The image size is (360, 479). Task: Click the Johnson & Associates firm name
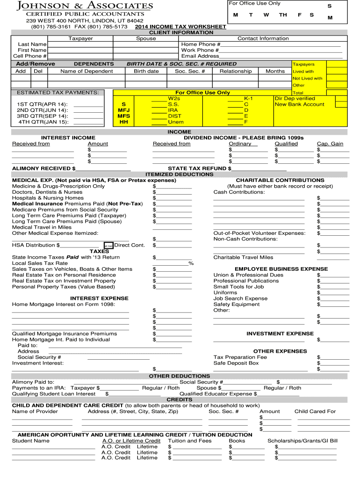(85, 6)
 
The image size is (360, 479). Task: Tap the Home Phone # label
(200, 44)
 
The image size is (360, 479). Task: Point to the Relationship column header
(236, 71)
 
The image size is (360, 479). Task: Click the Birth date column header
(146, 71)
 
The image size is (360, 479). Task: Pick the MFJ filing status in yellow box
(124, 110)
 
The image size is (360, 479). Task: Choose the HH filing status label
(124, 122)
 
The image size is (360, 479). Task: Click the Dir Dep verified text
(295, 99)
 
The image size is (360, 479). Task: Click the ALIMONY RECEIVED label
(43, 168)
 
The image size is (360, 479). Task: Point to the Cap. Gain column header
(330, 144)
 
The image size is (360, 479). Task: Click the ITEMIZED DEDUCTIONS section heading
(180, 174)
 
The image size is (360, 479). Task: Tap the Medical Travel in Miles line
(42, 227)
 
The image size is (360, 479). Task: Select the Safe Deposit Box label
(236, 363)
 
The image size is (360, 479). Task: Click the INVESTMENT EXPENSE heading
(280, 334)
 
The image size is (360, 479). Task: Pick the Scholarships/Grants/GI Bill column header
(302, 441)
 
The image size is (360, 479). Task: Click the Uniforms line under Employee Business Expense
(225, 293)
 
